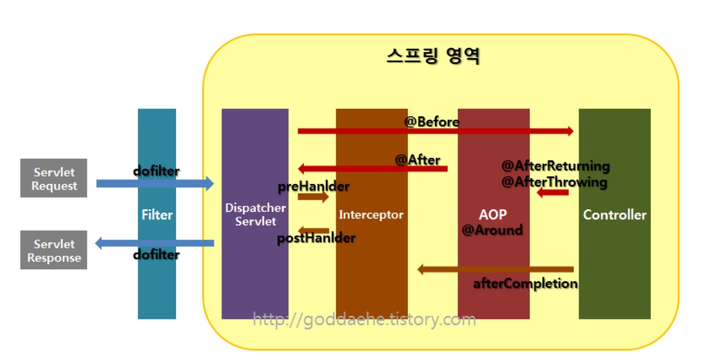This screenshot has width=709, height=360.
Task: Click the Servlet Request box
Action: tap(53, 179)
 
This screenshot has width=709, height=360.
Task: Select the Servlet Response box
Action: tap(53, 250)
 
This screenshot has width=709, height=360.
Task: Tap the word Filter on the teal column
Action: tap(157, 215)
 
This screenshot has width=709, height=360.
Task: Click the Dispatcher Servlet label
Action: tap(250, 215)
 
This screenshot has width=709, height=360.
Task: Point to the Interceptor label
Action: tap(371, 215)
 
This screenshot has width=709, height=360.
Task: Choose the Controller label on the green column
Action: tap(614, 215)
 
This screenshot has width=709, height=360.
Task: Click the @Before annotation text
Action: tap(432, 122)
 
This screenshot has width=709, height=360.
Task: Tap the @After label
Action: tap(417, 160)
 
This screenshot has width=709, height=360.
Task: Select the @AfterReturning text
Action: tap(555, 166)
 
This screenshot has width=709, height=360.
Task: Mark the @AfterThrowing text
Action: tap(554, 182)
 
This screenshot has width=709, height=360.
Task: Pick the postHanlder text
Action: tap(316, 238)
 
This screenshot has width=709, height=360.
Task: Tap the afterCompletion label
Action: tap(525, 284)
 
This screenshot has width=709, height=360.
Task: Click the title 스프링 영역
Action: tap(433, 56)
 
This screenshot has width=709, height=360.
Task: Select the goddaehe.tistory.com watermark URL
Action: tap(364, 319)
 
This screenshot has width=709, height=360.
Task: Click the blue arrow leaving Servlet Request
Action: tap(154, 183)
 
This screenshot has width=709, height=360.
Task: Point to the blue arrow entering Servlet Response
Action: tap(154, 243)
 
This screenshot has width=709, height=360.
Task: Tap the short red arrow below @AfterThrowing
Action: tap(553, 194)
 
